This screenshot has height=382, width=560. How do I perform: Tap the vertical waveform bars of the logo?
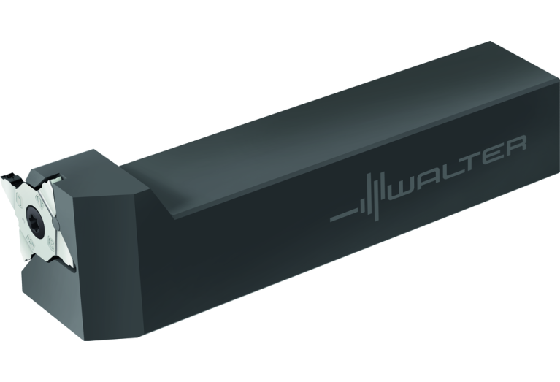375,196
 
